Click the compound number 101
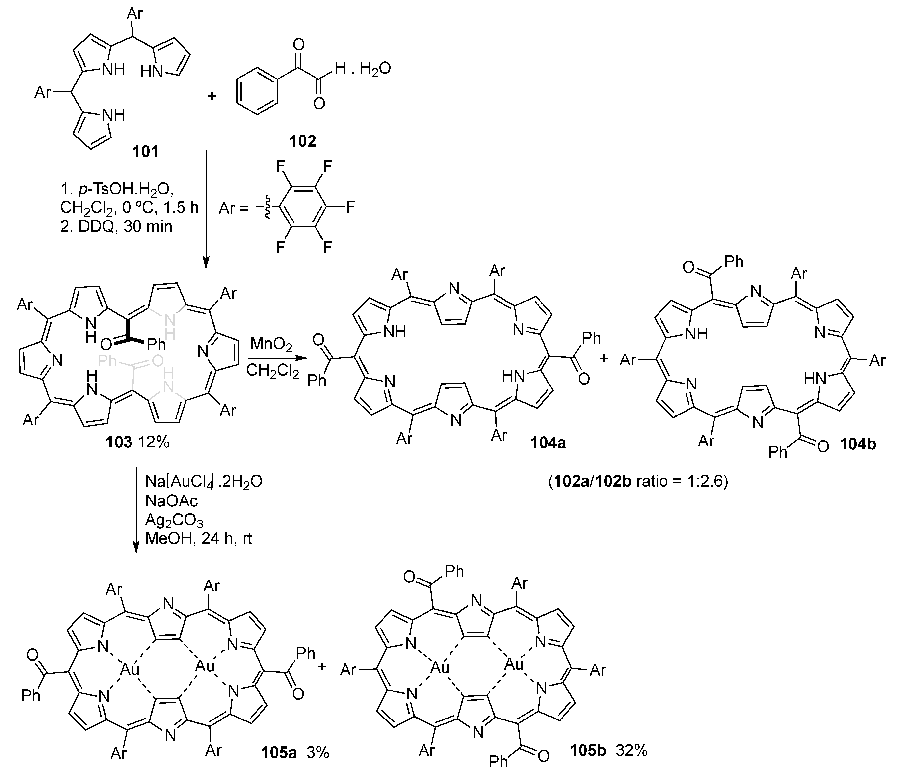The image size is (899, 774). [146, 151]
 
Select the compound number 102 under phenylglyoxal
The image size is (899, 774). [302, 141]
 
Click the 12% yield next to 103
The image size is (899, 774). [153, 442]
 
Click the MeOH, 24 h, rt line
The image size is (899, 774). [199, 539]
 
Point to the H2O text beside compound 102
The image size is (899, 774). [375, 69]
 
